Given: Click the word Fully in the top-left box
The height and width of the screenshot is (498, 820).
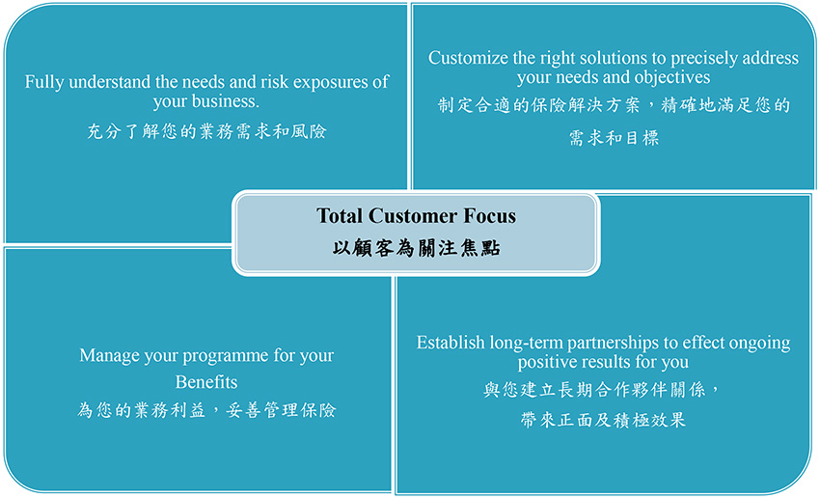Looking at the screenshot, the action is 44,83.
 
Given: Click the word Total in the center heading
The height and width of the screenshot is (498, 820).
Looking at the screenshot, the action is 340,216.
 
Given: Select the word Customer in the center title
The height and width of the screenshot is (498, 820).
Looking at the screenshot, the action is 413,216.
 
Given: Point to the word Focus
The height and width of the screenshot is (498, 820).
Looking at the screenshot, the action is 489,216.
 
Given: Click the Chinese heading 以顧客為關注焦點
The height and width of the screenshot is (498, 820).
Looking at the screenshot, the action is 417,248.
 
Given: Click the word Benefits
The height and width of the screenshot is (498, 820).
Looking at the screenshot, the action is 206,382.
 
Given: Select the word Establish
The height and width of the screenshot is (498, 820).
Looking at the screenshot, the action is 451,343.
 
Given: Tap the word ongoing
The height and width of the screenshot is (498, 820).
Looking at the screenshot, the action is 760,345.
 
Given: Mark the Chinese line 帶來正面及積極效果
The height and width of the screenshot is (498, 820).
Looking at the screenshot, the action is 603,420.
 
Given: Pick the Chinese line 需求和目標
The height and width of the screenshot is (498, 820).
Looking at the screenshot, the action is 614,138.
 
